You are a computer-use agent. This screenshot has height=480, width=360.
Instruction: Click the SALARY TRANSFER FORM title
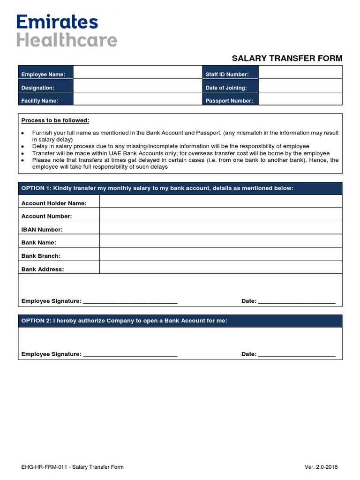coord(287,59)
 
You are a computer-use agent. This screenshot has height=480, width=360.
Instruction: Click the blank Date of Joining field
coord(300,86)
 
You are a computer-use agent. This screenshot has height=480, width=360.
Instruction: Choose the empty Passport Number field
coord(300,99)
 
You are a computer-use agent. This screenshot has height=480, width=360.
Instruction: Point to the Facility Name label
coord(40,101)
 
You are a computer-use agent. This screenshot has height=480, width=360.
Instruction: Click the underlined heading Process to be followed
coord(55,120)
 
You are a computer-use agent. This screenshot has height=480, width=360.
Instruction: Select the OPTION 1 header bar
coord(180,188)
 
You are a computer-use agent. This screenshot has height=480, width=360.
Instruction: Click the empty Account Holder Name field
coord(221,202)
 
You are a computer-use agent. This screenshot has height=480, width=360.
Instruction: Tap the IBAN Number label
coord(42,230)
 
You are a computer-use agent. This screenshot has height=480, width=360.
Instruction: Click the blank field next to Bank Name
coord(221,241)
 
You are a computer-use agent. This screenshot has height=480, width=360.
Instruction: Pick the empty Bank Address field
coord(221,268)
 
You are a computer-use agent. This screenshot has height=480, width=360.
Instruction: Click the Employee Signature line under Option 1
coord(130,301)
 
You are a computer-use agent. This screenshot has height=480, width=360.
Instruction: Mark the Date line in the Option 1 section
coord(297,301)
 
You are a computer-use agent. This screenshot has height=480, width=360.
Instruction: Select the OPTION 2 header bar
coord(180,321)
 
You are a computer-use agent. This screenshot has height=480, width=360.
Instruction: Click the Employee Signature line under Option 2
coord(130,354)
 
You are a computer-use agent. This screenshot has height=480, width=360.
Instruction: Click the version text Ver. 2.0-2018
coord(321,467)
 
